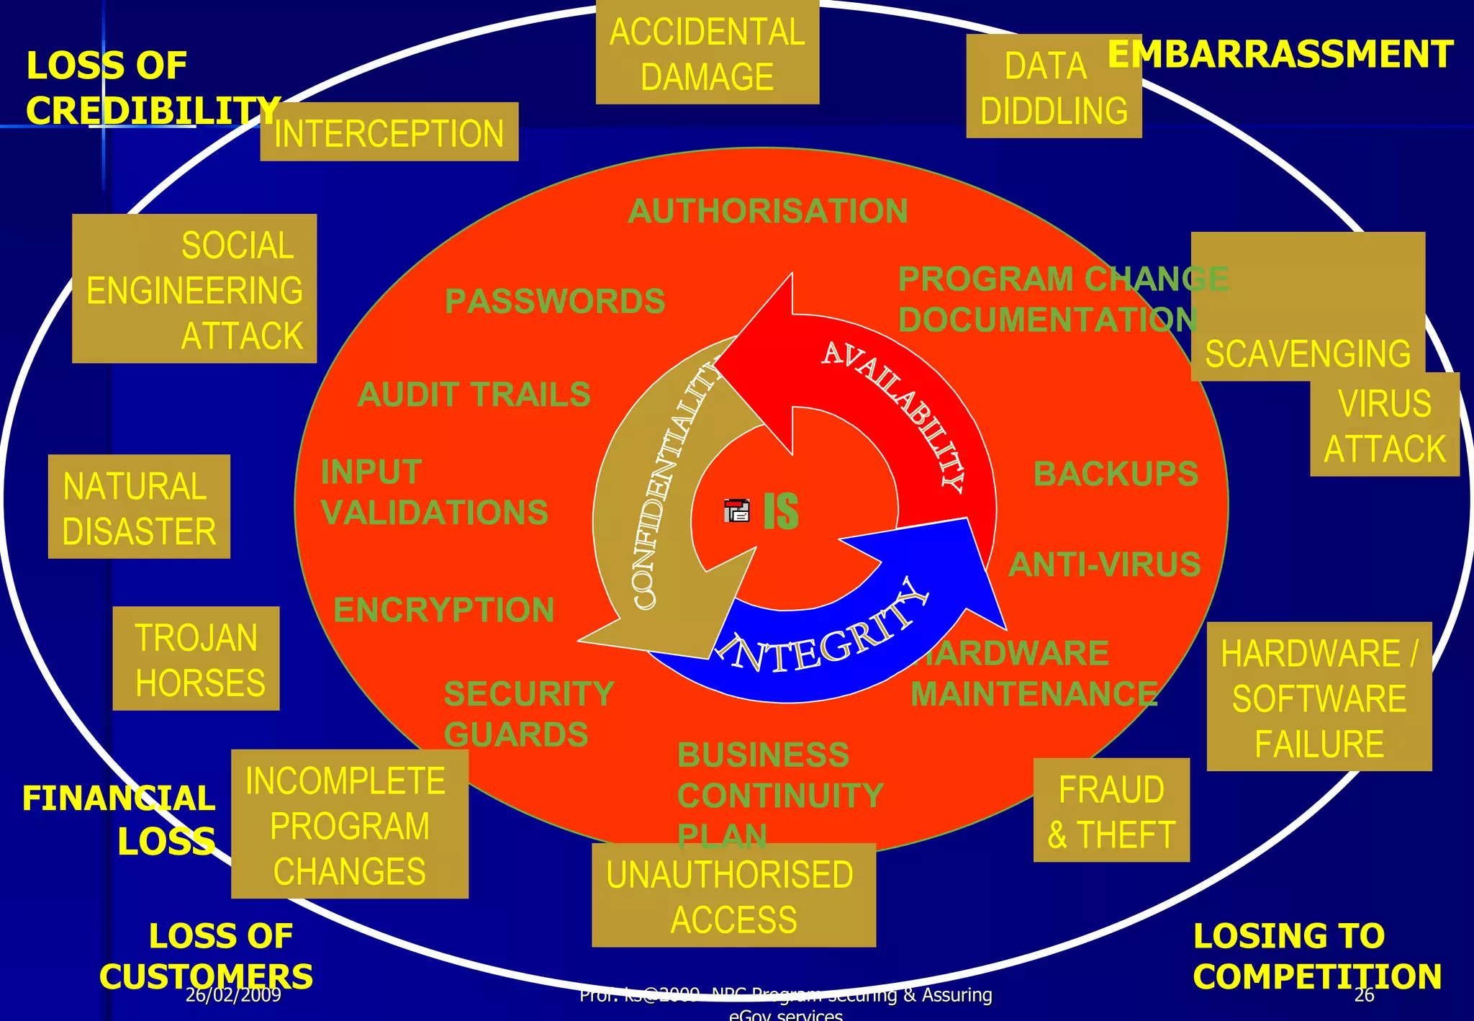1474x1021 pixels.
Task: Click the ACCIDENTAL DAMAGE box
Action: (707, 54)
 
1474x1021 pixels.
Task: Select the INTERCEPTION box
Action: (389, 133)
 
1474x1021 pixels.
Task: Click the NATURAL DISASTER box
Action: (139, 508)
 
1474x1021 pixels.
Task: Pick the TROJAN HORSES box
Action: (196, 660)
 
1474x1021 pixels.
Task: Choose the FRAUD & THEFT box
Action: (1111, 811)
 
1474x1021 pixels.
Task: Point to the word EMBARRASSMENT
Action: (1280, 55)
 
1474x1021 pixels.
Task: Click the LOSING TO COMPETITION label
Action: (1316, 956)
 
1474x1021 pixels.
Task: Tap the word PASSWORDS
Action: (555, 301)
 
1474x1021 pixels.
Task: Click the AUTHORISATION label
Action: (767, 211)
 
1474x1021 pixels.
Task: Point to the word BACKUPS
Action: (1116, 474)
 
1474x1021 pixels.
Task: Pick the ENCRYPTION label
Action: (443, 610)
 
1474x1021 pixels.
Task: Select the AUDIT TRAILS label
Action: (474, 395)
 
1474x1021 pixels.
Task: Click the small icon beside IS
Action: (736, 510)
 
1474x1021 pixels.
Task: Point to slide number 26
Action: (1364, 995)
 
